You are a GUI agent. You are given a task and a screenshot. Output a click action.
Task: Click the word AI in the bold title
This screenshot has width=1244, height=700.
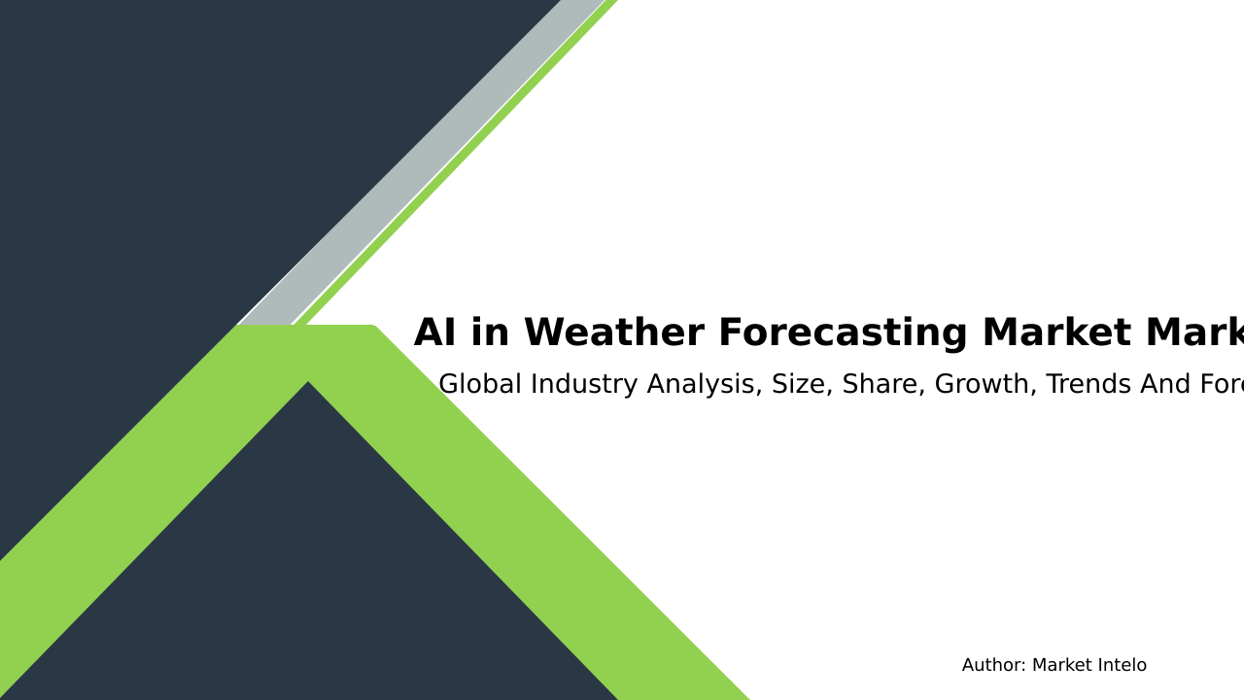(434, 333)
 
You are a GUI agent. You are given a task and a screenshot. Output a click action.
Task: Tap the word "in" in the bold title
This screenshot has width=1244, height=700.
(490, 333)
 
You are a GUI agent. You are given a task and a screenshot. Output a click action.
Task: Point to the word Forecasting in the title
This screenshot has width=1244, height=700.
(842, 333)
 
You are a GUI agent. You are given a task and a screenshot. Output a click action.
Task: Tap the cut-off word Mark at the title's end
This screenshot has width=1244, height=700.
(1195, 333)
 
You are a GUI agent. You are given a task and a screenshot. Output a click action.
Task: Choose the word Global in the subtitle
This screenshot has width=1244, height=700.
(477, 385)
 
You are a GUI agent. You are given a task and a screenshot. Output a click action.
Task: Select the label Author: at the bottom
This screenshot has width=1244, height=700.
(993, 666)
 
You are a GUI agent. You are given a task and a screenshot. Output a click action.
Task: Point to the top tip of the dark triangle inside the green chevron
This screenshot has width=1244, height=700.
(308, 384)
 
